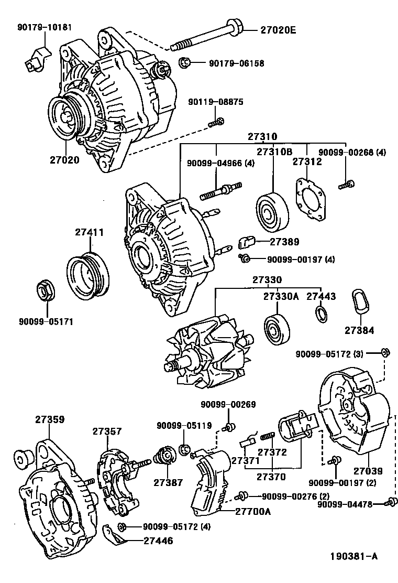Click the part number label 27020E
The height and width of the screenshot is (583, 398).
[278, 30]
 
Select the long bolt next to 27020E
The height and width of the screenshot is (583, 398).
[204, 36]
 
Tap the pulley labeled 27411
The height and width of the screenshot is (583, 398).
[88, 275]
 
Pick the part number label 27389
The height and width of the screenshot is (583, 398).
[284, 242]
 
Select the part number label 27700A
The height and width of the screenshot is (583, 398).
[253, 511]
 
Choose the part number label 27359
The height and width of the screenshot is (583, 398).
[50, 419]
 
